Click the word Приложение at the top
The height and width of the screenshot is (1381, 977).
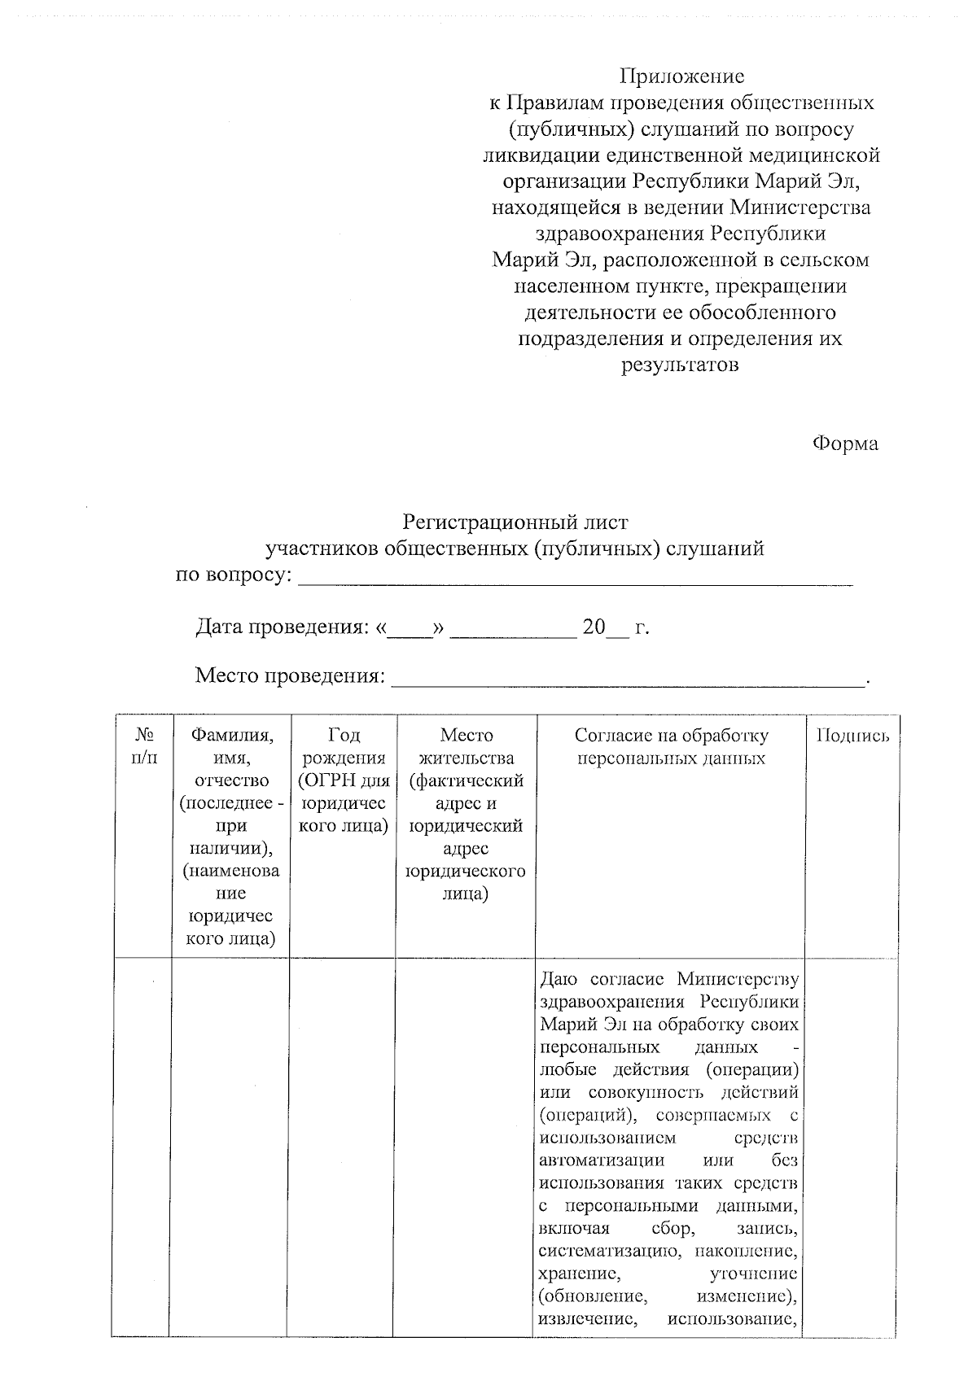tap(681, 76)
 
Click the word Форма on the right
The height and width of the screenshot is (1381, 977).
tap(844, 444)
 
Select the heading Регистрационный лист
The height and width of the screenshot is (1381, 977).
tap(516, 522)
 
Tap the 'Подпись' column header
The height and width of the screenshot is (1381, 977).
tap(852, 736)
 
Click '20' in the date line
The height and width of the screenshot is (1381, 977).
tap(594, 627)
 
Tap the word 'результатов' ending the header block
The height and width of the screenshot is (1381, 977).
tap(681, 365)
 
